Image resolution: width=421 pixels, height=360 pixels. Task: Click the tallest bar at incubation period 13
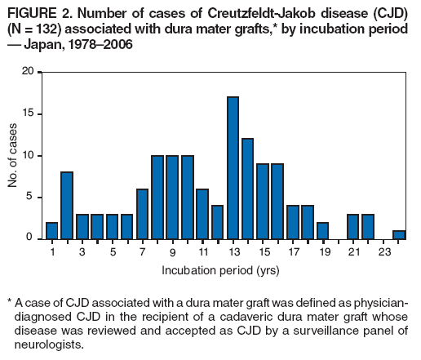point(233,168)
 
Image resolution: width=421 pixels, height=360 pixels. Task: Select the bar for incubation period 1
point(52,230)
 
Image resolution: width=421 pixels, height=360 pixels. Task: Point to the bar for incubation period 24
point(399,234)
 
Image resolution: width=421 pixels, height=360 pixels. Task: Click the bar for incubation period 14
point(248,189)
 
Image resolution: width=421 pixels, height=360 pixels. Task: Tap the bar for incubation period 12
point(218,222)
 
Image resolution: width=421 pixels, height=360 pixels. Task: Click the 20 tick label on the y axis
point(28,72)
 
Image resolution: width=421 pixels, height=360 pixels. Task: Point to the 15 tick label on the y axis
point(28,113)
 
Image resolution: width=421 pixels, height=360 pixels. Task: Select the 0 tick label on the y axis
point(31,238)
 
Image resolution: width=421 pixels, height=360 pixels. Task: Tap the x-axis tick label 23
point(383,253)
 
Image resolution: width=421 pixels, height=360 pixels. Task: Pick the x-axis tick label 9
point(173,253)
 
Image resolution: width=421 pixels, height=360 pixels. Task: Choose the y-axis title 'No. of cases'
point(13,155)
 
